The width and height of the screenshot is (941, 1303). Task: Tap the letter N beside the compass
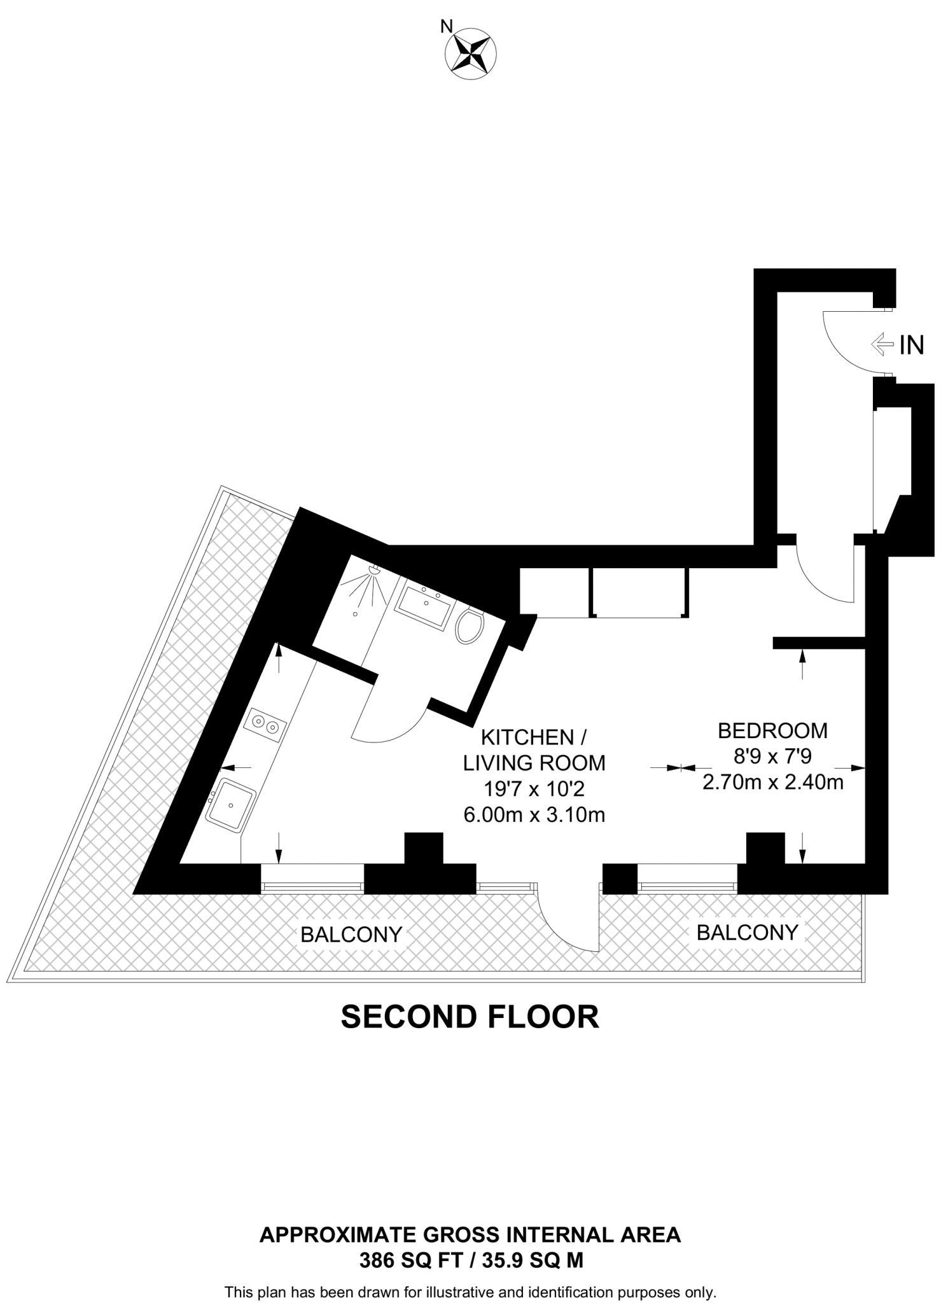[x=447, y=26]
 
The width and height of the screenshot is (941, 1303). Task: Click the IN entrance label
[x=911, y=345]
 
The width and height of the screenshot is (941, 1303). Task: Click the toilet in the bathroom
[x=470, y=627]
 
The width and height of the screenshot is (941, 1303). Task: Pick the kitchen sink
[x=231, y=805]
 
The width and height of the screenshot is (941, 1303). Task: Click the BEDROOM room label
[x=772, y=731]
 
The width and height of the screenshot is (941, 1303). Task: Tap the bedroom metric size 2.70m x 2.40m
[x=772, y=782]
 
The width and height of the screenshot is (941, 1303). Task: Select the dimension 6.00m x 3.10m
[x=534, y=815]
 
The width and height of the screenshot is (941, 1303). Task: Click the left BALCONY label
[x=351, y=935]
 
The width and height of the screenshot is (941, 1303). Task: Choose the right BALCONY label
[x=747, y=933]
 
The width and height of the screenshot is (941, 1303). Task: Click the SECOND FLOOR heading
[x=470, y=1017]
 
